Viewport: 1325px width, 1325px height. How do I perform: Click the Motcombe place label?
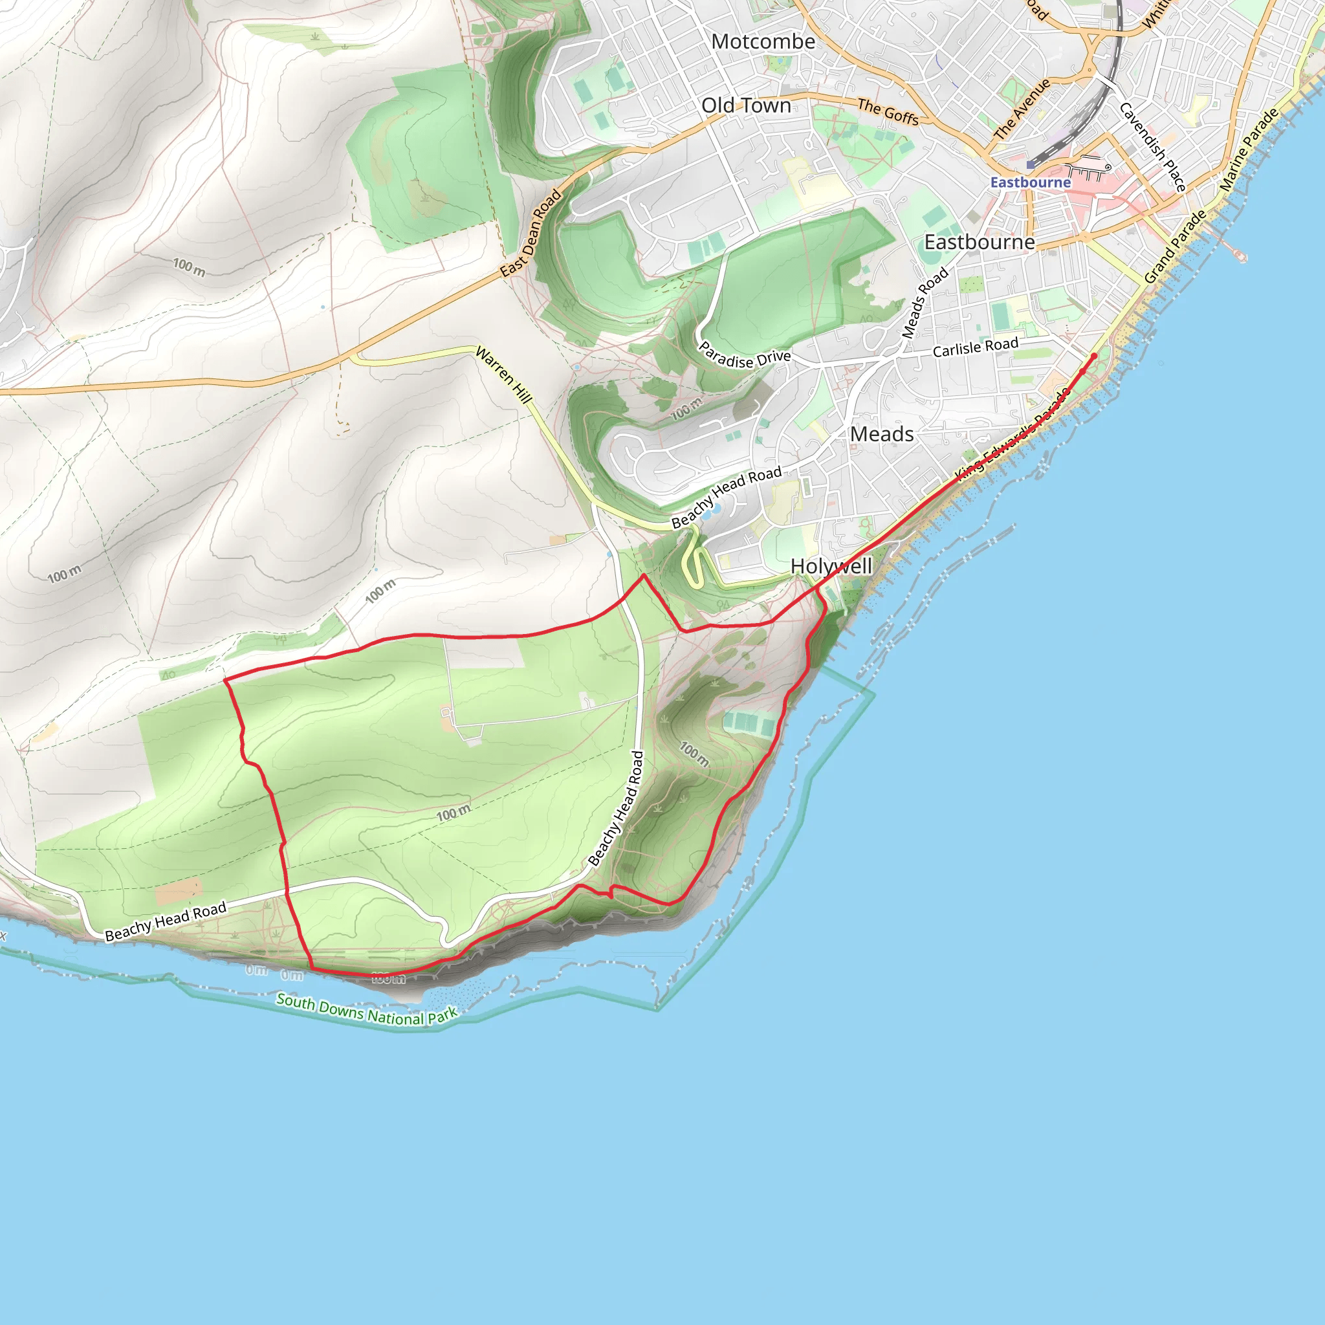click(763, 42)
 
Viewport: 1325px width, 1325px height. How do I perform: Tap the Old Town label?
click(746, 105)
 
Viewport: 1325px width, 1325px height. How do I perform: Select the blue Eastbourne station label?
click(1030, 182)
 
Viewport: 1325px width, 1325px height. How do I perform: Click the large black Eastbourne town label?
click(980, 242)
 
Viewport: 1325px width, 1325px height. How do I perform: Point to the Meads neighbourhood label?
click(881, 434)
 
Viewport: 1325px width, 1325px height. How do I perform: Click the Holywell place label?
click(831, 567)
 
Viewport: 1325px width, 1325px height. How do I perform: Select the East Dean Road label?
click(531, 234)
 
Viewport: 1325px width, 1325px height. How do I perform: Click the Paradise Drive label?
click(744, 355)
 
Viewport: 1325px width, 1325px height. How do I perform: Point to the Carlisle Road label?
click(975, 347)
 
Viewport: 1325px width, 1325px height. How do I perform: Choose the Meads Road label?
click(925, 302)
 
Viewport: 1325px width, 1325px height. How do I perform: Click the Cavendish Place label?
click(1153, 146)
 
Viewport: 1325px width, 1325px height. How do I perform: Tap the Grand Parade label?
click(1175, 247)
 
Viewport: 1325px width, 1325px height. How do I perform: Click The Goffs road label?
click(888, 111)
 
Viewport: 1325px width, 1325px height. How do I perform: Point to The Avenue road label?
click(1022, 109)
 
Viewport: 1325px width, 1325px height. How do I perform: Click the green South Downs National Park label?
click(366, 1010)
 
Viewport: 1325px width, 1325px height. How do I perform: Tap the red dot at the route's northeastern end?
click(1094, 355)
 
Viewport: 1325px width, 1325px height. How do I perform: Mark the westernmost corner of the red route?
click(225, 680)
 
